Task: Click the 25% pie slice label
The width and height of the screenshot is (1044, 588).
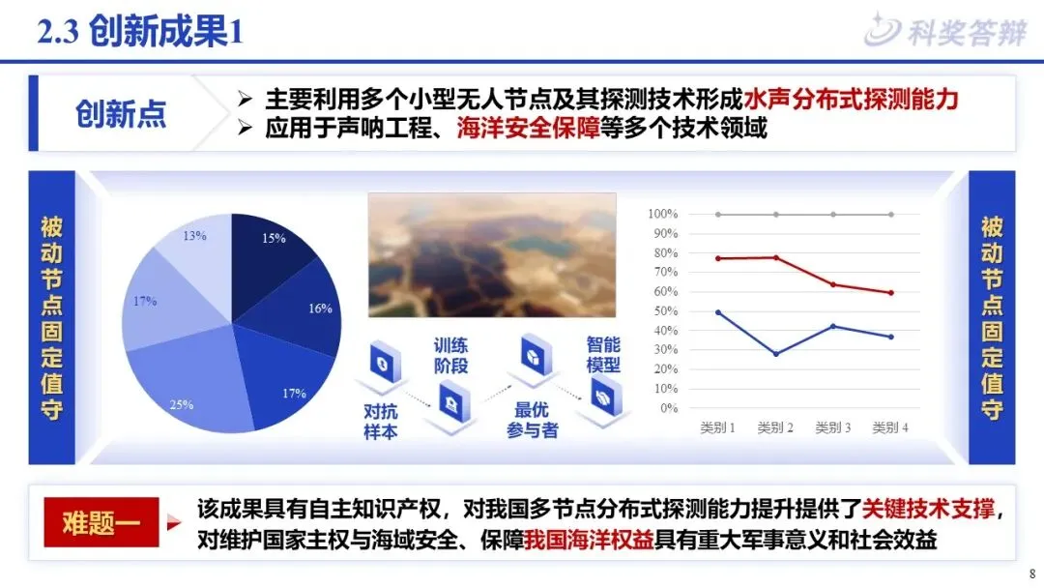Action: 181,404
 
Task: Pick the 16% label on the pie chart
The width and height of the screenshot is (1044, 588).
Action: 320,309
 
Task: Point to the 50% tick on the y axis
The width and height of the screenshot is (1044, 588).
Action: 665,311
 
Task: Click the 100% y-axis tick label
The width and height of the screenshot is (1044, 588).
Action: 662,214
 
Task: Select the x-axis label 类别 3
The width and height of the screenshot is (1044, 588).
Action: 833,427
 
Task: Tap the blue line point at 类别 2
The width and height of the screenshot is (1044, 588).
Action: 776,354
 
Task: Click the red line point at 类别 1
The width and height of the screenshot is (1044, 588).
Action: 717,258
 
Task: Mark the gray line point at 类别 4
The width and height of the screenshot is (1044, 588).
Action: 891,215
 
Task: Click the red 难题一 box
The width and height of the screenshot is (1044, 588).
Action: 101,522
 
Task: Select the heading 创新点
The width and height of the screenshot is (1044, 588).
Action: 121,114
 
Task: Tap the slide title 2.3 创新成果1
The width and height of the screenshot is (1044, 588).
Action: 140,31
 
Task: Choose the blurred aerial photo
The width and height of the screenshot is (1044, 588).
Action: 492,255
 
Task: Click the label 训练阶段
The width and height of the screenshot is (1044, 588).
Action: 450,356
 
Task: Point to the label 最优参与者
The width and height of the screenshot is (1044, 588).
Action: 532,420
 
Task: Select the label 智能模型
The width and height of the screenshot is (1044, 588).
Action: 603,355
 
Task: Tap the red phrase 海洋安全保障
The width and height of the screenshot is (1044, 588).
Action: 529,128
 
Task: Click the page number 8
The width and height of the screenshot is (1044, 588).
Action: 1032,574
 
